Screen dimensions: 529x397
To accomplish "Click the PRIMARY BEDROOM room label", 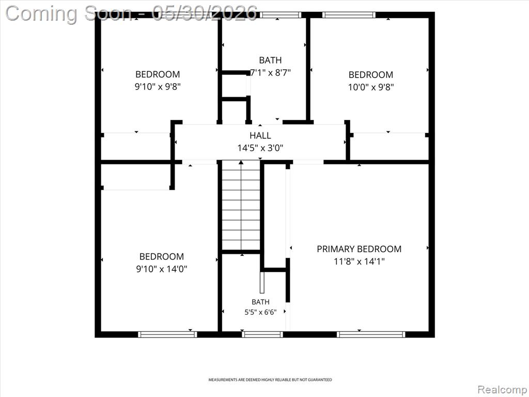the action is pos(359,249).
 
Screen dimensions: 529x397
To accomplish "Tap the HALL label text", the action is pos(260,135).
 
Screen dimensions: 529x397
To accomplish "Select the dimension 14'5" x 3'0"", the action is pos(260,148).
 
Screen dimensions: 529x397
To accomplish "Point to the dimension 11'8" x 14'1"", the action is pos(359,261).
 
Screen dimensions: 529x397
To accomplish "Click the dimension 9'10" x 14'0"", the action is pos(162,269).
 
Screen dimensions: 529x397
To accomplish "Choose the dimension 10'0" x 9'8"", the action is pos(371,87).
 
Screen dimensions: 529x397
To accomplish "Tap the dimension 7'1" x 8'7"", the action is pos(270,72).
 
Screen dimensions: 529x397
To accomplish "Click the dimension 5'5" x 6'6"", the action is pos(260,312).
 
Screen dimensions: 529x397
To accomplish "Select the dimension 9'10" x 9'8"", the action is pos(158,87).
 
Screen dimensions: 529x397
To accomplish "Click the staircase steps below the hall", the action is pos(241,206).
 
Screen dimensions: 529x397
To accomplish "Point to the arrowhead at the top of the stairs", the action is pos(241,162).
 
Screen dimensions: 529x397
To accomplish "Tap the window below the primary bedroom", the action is pos(371,334).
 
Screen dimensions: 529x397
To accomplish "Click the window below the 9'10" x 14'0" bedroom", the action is pos(167,334).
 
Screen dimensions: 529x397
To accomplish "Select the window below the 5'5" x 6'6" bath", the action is pos(262,334).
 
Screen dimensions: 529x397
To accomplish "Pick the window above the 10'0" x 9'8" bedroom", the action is pos(349,15).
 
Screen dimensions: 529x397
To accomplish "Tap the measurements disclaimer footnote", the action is pos(270,380).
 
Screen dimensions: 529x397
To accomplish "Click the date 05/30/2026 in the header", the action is pos(205,13).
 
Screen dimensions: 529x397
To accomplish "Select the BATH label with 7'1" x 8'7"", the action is pos(270,60).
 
